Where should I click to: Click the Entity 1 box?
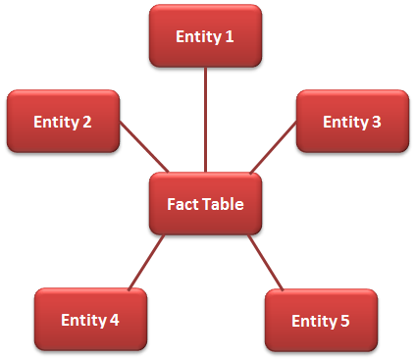[205, 36]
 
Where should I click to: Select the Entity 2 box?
[63, 122]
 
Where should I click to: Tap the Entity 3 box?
[352, 122]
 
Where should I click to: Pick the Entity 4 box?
[90, 320]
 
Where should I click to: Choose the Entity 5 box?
[321, 321]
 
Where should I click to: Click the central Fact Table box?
[205, 205]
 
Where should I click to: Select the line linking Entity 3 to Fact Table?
[274, 147]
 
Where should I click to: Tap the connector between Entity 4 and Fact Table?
[145, 263]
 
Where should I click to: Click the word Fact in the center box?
[182, 205]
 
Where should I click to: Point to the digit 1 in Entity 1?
[230, 37]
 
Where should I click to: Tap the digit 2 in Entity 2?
[87, 123]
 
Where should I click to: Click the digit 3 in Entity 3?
[377, 123]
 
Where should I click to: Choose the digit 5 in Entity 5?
[345, 322]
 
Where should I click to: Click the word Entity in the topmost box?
[198, 37]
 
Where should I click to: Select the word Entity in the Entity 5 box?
[314, 322]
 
